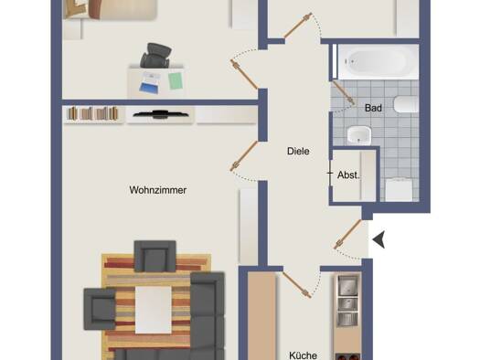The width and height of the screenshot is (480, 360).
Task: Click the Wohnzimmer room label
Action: click(157, 190)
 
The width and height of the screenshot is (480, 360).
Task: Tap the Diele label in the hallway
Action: click(298, 151)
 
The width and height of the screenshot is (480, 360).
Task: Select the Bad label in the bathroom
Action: click(373, 108)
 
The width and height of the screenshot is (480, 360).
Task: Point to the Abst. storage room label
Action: click(348, 175)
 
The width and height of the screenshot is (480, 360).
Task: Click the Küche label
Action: click(303, 355)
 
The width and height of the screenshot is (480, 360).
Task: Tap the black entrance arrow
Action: click(379, 239)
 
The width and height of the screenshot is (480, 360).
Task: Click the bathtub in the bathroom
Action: click(378, 62)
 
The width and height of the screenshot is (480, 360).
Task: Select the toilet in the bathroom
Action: click(406, 104)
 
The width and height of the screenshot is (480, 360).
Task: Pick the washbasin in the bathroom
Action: click(358, 135)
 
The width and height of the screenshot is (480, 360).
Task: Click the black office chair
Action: click(155, 56)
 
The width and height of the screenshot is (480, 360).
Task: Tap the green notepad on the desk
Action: click(176, 80)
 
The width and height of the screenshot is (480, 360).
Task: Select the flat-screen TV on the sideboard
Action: click(160, 114)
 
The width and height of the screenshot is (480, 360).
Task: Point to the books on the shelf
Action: click(92, 113)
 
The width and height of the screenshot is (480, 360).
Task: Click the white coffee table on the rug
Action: click(154, 310)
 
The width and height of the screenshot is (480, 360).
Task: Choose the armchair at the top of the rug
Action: click(155, 256)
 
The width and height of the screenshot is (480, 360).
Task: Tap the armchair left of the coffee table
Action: click(100, 309)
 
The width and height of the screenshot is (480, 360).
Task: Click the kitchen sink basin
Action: click(347, 284)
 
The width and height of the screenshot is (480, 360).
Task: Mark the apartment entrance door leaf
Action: click(347, 234)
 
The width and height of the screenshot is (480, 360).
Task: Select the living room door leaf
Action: click(244, 155)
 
